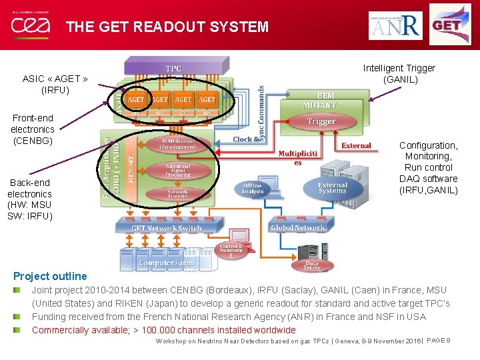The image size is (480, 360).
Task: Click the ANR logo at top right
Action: point(395,25)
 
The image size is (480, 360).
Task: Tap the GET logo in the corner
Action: point(449,25)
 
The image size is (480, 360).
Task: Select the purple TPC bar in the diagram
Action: point(173,69)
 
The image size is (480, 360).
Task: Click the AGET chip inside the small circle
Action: point(136,99)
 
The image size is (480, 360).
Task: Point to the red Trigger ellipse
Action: point(321,121)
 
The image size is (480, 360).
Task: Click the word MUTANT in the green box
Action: point(320,105)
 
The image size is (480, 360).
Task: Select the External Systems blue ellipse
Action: point(332,189)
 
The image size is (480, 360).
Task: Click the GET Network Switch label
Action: point(166,228)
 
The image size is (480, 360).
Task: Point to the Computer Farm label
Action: point(167,263)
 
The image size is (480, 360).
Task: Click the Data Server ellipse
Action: point(312,265)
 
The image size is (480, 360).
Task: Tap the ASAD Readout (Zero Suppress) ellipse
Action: point(177,144)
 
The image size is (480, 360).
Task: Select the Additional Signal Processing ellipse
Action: point(177,169)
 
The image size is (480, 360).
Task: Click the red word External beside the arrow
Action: point(356,146)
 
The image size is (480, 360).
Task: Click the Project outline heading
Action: point(50,276)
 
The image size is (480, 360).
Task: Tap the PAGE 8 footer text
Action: point(438,340)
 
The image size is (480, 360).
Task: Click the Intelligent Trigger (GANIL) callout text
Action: point(399,73)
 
